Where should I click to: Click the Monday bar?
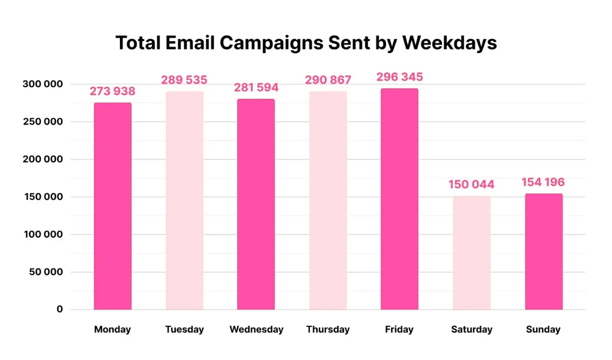coord(113,206)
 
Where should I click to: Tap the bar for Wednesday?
coord(256,204)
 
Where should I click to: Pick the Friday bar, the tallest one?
coord(399,199)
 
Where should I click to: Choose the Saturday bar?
coord(472,252)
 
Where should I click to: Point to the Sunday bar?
coord(544,251)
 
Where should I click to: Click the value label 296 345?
coord(399,78)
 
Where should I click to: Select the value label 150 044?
coord(472,185)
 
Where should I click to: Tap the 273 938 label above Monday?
coord(113,92)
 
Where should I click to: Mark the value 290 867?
coord(328,81)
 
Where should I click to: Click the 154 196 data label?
coord(543,183)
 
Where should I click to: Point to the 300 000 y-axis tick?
coord(42,84)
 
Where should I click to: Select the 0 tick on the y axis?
coord(59,310)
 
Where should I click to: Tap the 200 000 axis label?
coord(42,160)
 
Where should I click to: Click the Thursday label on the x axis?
coord(328,329)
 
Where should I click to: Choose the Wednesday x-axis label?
coord(256,329)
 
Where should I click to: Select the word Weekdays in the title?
coord(449,43)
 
